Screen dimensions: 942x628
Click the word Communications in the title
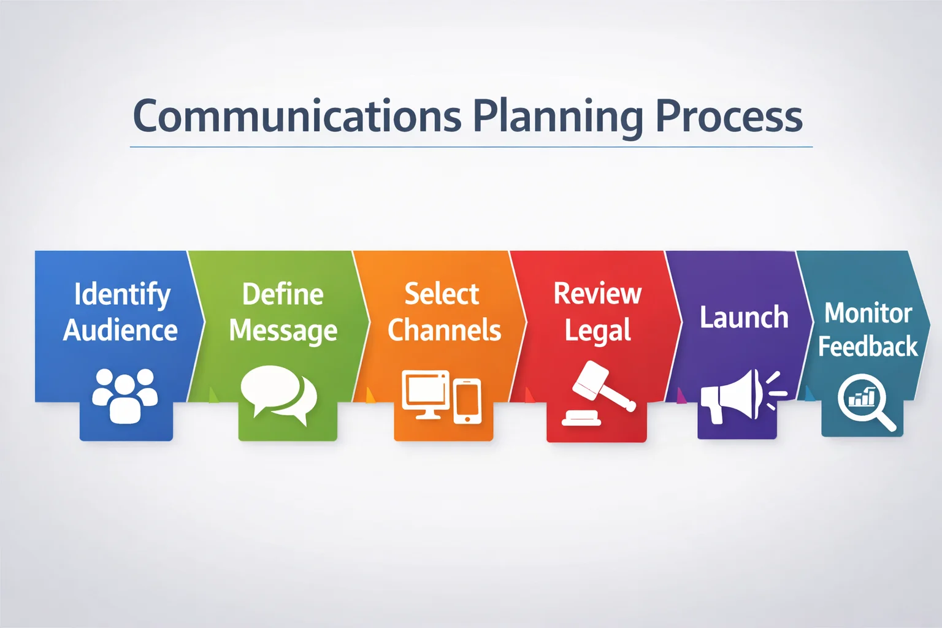[297, 115]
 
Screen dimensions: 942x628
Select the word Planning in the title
[558, 118]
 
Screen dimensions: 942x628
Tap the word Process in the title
[729, 116]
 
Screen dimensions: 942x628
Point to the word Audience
[120, 330]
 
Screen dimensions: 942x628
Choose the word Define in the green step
[283, 294]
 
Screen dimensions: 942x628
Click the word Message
[283, 331]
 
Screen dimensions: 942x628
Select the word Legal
[597, 331]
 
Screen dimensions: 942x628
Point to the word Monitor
[868, 313]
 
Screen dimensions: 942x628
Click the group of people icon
[125, 396]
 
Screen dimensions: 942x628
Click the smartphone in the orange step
[467, 401]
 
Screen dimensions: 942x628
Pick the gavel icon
[599, 393]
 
